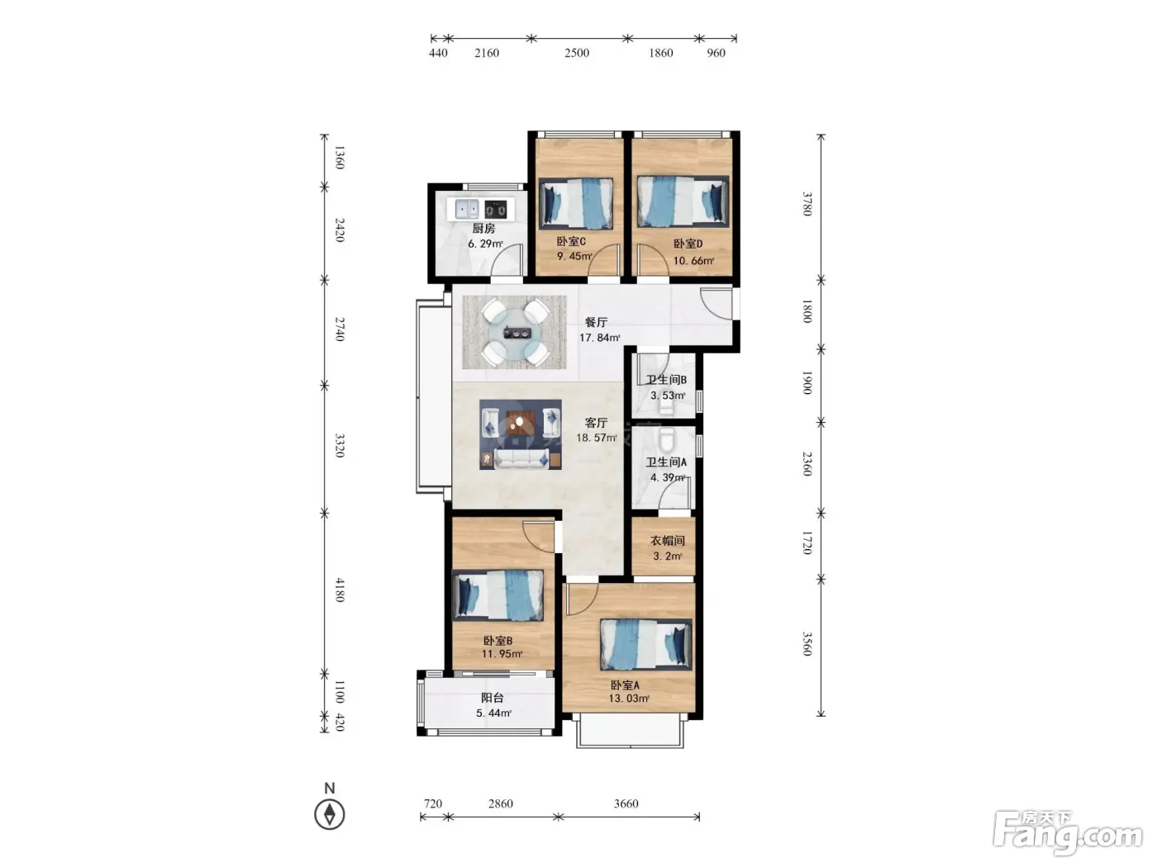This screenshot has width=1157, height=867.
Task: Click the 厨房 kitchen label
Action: click(483, 229)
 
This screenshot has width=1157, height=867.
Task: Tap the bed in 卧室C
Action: click(575, 203)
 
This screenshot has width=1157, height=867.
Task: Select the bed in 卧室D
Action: click(683, 201)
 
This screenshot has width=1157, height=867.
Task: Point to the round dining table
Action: click(515, 332)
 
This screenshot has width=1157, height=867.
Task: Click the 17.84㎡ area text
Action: click(599, 338)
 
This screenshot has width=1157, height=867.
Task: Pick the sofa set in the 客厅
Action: click(521, 434)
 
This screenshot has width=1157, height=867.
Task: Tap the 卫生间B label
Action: click(666, 380)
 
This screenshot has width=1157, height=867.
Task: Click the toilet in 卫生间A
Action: click(666, 439)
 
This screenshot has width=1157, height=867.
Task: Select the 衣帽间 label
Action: click(667, 541)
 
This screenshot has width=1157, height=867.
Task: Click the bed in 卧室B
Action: click(498, 595)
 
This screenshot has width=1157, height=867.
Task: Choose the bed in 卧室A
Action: click(645, 644)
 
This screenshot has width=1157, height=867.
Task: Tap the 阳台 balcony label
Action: click(493, 698)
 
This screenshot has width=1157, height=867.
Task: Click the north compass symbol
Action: click(330, 814)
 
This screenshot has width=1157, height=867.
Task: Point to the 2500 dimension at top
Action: click(577, 53)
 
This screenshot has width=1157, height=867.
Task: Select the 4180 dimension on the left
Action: click(340, 590)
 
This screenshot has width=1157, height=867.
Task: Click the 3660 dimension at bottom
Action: click(626, 803)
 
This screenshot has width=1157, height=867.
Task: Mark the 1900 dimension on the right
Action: click(807, 382)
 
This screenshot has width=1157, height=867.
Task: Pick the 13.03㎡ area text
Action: click(629, 699)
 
